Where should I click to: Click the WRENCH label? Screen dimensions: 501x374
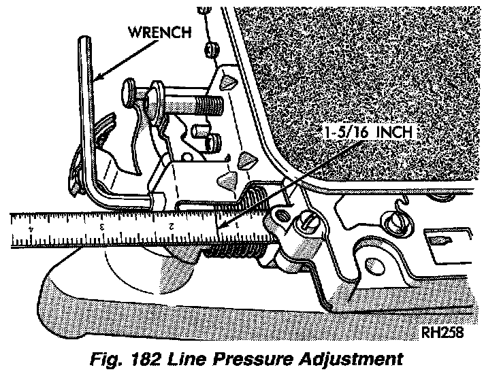(160, 32)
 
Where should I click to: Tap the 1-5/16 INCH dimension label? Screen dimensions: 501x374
(369, 132)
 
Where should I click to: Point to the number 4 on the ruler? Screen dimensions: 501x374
(31, 228)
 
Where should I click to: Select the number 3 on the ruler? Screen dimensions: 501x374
(102, 228)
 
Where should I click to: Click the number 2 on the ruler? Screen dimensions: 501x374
(172, 226)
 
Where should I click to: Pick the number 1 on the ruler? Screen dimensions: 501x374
(237, 226)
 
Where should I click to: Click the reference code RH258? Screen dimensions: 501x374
(442, 333)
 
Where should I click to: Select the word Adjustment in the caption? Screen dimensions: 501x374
(351, 359)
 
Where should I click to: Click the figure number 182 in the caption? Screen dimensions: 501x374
(146, 358)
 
